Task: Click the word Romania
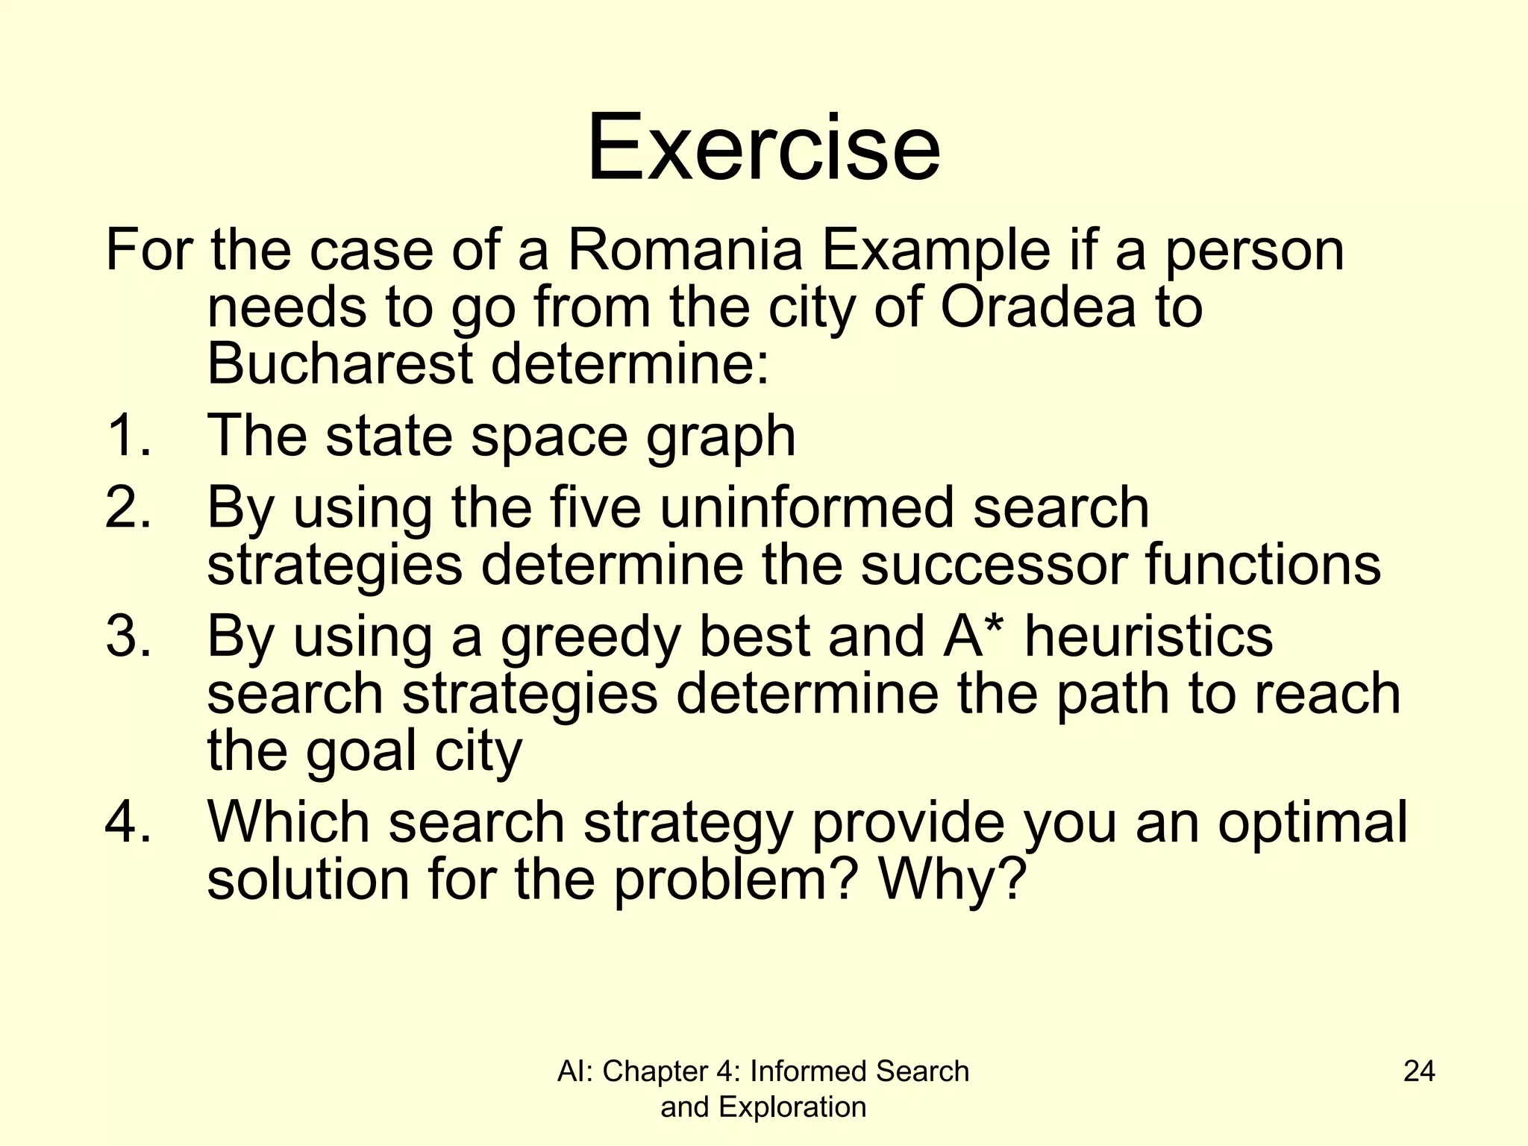685,251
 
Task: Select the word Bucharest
340,364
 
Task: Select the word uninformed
807,507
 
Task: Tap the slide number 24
1419,1071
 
